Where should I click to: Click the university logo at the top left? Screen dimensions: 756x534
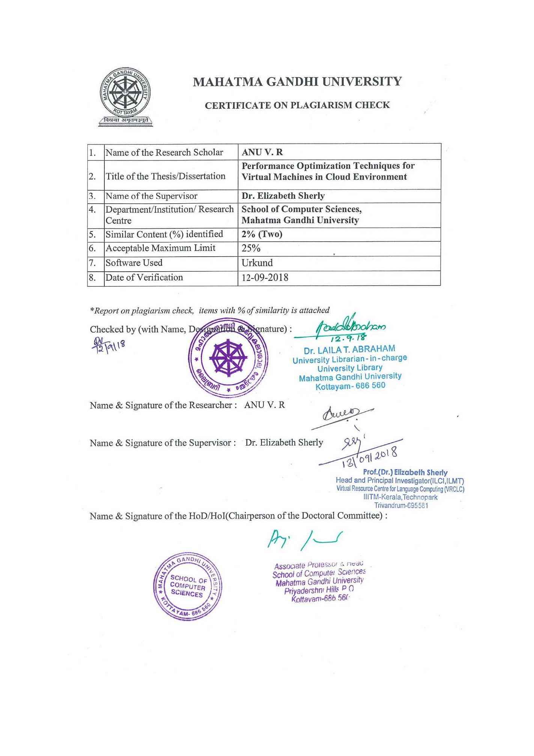[x=125, y=97]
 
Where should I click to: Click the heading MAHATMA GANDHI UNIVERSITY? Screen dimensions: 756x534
[x=297, y=82]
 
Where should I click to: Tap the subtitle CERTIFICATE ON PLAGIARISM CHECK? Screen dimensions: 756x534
[x=297, y=105]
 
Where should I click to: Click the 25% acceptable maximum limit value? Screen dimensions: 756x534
[x=251, y=248]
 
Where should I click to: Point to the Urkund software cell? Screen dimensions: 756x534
[x=257, y=263]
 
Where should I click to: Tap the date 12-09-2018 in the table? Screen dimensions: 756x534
[x=265, y=278]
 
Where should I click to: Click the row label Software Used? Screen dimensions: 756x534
[x=134, y=263]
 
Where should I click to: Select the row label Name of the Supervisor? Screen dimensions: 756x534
[x=151, y=196]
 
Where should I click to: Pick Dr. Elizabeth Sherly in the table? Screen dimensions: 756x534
[x=283, y=196]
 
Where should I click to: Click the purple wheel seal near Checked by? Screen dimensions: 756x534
[x=228, y=357]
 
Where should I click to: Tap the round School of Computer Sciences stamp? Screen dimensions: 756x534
[x=188, y=587]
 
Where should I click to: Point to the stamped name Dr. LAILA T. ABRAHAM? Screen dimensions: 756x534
[x=349, y=350]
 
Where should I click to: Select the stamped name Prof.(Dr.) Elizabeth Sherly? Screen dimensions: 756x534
[x=405, y=472]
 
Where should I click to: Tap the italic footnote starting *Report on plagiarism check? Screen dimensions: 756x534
[x=209, y=310]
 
